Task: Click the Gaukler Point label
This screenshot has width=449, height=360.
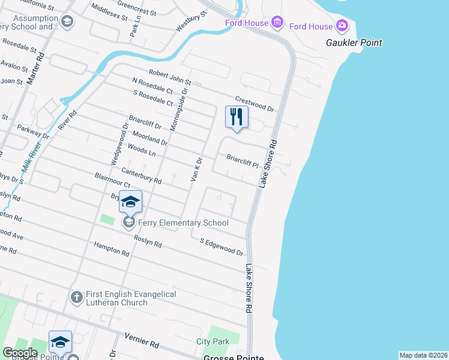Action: click(354, 43)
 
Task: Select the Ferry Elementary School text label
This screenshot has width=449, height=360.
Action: click(183, 223)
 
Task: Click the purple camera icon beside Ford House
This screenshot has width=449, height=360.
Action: click(342, 25)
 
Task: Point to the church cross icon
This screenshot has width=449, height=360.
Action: click(76, 297)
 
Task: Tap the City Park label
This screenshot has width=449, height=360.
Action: click(212, 341)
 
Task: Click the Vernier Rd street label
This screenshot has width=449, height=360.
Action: click(142, 341)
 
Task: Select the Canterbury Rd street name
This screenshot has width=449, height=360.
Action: click(142, 176)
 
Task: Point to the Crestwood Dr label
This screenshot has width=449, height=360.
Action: click(255, 104)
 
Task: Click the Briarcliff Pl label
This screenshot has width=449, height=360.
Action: click(242, 161)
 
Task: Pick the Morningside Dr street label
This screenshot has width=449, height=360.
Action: click(184, 101)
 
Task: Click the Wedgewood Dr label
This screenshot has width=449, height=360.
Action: click(116, 144)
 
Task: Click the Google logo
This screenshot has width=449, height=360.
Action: click(20, 353)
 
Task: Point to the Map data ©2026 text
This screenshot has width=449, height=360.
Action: click(423, 355)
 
